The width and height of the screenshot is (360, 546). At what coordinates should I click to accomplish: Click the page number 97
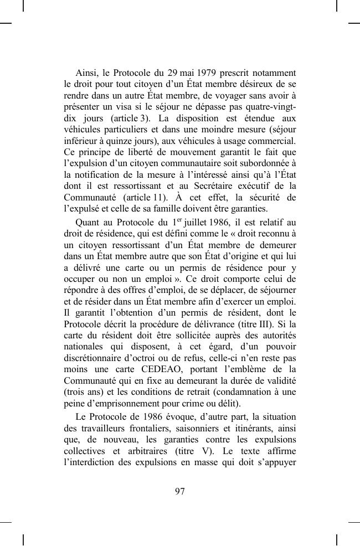pos(179,491)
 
